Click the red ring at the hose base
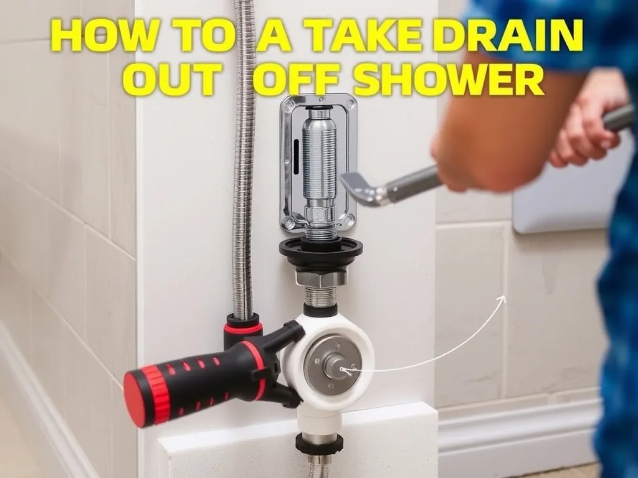click(x=244, y=326)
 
